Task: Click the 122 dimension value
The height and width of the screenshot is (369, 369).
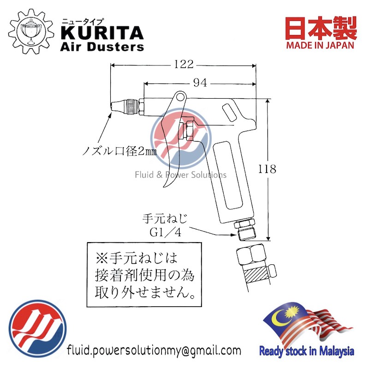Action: [184, 64]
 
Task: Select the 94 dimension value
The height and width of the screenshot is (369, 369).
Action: [200, 83]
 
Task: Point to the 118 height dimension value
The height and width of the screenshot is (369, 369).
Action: [267, 169]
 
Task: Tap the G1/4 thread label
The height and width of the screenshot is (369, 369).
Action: [166, 232]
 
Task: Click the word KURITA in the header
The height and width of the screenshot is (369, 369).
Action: [102, 33]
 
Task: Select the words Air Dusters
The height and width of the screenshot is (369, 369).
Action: [102, 47]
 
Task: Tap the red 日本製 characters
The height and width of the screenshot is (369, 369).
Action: [321, 28]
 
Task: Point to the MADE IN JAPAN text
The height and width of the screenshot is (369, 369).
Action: [320, 45]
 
